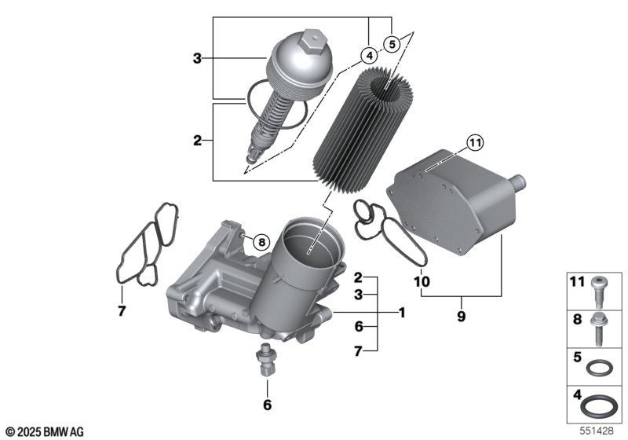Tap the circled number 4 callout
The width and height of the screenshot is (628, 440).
point(367,55)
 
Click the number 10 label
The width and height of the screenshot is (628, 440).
point(422,280)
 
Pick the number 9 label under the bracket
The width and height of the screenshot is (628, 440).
point(462,316)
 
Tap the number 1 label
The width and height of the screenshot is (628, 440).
point(401,313)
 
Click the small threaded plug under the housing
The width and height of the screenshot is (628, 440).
point(267,361)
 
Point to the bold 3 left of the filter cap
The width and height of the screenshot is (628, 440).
point(198,57)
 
